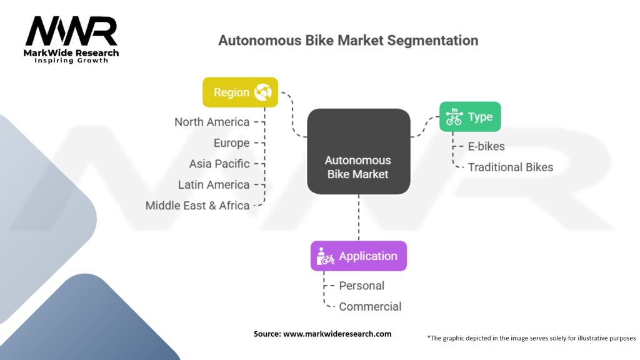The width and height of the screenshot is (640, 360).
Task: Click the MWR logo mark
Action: click(71, 31)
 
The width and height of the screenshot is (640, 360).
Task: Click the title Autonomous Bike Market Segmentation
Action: click(348, 41)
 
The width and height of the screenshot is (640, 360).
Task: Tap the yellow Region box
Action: click(241, 92)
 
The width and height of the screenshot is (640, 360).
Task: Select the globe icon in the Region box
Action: click(263, 92)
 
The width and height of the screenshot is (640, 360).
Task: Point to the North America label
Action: click(212, 122)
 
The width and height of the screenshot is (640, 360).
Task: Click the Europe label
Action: click(231, 143)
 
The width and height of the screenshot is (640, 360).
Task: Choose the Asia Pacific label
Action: click(219, 164)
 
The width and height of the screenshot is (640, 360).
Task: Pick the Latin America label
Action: click(214, 184)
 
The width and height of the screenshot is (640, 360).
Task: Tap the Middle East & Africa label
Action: click(197, 205)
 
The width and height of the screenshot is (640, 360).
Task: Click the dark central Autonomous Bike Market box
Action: click(359, 151)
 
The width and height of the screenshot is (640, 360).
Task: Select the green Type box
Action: click(470, 117)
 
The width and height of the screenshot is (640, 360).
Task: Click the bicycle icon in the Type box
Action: click(454, 117)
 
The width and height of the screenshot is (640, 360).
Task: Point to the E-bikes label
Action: click(486, 146)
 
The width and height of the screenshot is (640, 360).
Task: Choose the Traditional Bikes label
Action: click(511, 167)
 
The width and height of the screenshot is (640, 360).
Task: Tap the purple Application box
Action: click(359, 256)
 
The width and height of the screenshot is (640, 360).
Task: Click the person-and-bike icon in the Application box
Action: click(325, 256)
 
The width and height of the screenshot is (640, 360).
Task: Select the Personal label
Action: click(362, 286)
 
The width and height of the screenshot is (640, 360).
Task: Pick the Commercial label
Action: click(370, 306)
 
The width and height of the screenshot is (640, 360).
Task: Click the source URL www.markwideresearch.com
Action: click(337, 334)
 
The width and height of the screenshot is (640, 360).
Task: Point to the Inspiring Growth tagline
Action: click(71, 61)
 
